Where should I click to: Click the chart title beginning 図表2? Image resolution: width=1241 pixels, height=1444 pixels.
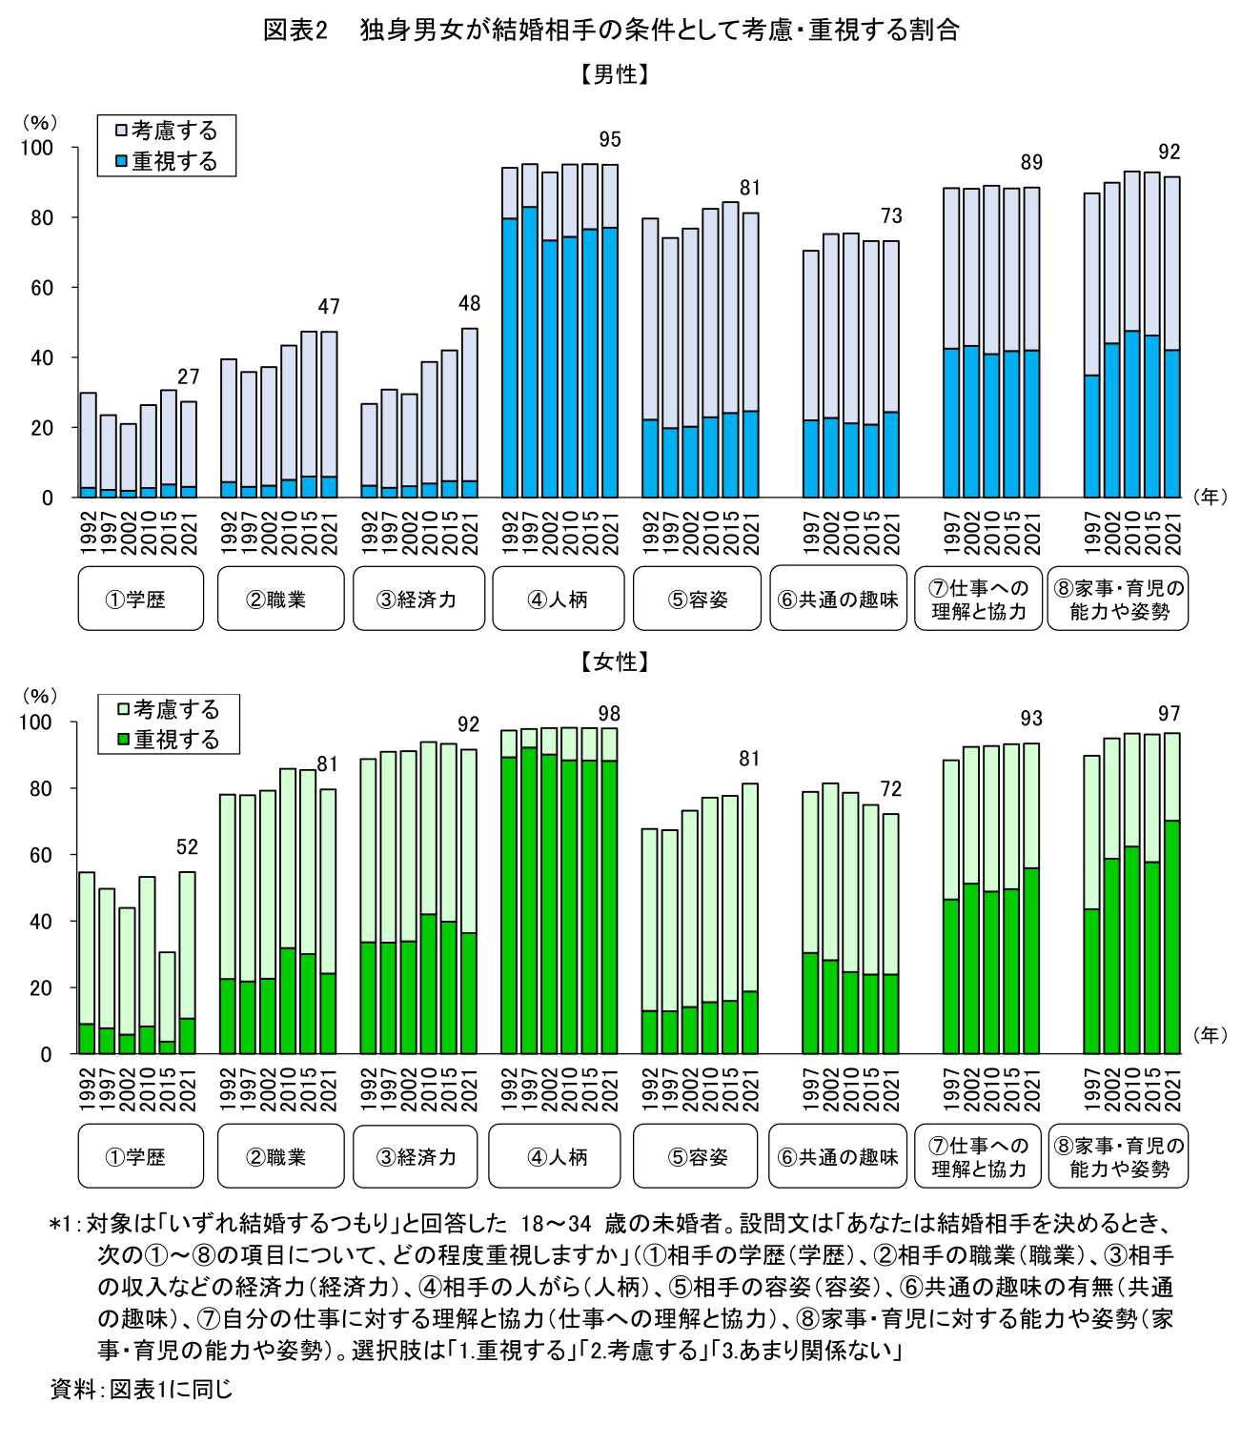(611, 31)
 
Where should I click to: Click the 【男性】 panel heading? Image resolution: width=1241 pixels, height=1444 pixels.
(615, 74)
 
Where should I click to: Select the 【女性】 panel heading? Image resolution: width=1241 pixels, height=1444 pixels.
(615, 661)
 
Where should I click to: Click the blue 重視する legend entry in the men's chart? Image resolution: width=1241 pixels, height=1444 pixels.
(167, 162)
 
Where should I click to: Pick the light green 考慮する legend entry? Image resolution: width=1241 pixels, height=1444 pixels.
(169, 709)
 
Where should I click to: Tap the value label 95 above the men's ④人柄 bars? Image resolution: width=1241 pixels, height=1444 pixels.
(610, 140)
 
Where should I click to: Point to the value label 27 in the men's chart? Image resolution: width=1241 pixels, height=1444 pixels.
(189, 377)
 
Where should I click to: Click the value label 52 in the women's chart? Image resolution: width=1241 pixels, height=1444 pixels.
(187, 847)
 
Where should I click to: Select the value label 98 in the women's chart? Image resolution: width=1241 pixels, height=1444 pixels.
(609, 714)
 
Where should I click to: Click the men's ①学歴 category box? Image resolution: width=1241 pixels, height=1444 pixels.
(141, 599)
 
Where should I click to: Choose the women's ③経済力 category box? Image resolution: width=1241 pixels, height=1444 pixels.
(416, 1156)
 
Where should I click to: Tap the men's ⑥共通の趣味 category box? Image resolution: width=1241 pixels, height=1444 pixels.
(839, 599)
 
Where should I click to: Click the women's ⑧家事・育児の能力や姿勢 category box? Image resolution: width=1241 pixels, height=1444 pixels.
(1118, 1156)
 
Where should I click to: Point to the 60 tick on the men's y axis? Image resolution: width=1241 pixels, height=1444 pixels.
(42, 288)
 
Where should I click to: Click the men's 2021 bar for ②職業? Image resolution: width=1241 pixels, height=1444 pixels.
(329, 415)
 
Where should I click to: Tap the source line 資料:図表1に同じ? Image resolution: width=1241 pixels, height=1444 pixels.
(141, 1389)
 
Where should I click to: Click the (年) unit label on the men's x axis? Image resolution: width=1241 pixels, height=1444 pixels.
(1210, 497)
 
